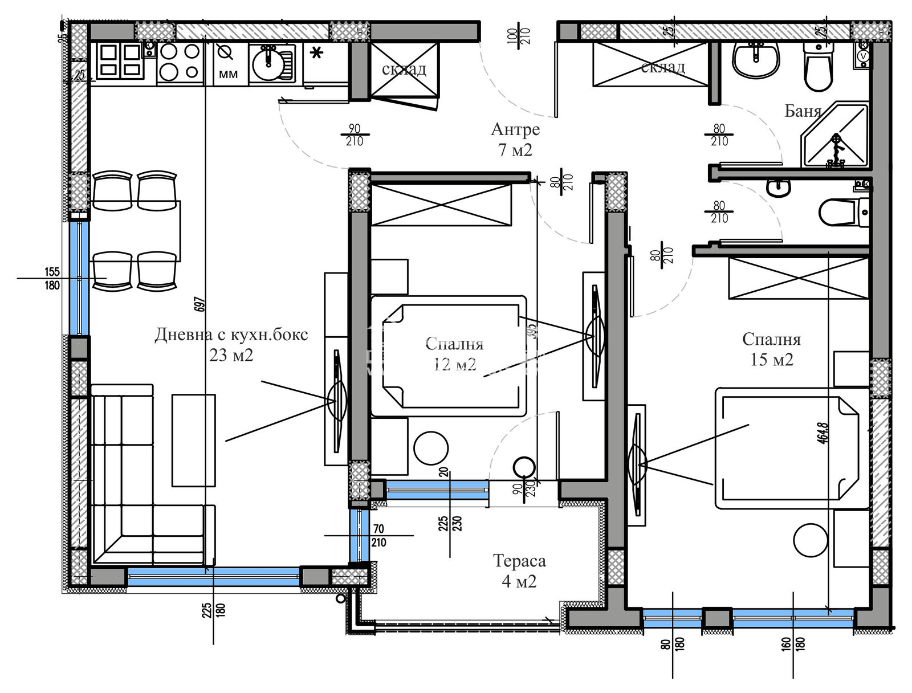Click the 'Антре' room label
(515, 130)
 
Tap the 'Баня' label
(803, 111)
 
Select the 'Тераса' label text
(519, 561)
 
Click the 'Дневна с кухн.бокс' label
(231, 335)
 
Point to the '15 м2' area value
(772, 360)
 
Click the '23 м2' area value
(231, 356)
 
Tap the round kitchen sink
(268, 63)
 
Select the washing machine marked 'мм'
(228, 63)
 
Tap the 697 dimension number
(199, 305)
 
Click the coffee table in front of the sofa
(194, 440)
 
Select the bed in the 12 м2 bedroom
(449, 356)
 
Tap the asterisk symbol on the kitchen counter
(317, 54)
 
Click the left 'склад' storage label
(404, 70)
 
